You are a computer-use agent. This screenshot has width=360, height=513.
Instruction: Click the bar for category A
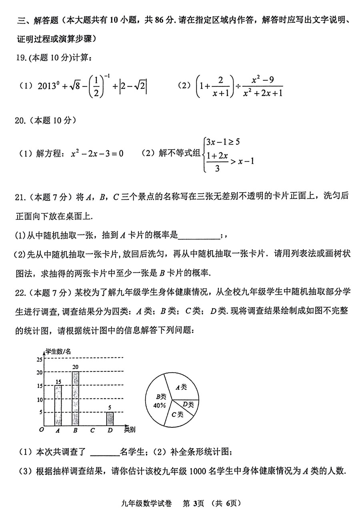click(58, 405)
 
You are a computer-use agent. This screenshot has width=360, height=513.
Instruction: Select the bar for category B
click(75, 399)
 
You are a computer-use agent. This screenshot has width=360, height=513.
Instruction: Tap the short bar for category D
click(110, 419)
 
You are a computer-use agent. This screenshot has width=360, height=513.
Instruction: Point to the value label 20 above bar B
click(75, 367)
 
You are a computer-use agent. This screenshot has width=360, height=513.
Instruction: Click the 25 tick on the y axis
click(39, 359)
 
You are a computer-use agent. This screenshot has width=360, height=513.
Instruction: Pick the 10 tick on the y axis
click(39, 399)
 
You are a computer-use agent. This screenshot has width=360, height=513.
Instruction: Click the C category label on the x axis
click(92, 431)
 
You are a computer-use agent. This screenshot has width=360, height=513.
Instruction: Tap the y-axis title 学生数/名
click(58, 351)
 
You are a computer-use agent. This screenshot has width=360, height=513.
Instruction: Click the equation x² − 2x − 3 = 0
click(97, 153)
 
